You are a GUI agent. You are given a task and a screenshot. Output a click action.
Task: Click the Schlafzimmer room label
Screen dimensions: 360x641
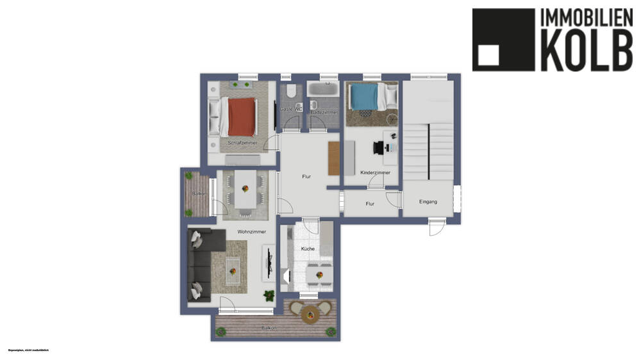point(242,143)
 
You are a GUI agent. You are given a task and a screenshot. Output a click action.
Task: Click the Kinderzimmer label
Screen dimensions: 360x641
point(375,172)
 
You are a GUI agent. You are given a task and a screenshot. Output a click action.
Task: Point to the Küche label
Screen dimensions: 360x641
point(308,249)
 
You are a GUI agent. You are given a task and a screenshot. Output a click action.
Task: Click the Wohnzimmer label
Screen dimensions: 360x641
point(251,232)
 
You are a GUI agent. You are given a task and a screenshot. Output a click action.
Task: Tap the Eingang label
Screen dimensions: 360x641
point(428,202)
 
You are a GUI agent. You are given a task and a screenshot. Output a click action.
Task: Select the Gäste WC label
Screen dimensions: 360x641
point(291,110)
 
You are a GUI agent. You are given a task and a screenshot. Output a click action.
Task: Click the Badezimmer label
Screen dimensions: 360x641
point(324,112)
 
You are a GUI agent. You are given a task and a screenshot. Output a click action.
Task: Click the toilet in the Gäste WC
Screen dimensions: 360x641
point(291,92)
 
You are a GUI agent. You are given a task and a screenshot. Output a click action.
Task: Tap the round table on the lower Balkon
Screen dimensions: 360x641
point(311,314)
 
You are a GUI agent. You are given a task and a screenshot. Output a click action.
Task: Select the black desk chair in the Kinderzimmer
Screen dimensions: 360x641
point(377,148)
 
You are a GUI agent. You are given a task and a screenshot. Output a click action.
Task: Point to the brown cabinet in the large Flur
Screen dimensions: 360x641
point(333,158)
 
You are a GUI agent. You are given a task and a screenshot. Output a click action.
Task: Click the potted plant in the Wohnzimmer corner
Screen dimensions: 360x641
point(269,295)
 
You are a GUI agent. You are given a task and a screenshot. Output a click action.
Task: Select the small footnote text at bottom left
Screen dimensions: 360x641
point(28,350)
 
